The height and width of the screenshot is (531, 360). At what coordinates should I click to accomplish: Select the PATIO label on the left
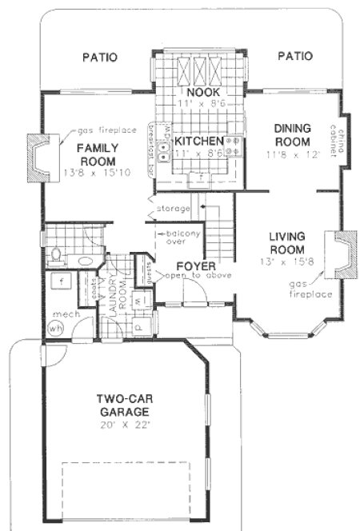point(99,57)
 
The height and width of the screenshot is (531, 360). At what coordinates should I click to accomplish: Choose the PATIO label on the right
point(294,56)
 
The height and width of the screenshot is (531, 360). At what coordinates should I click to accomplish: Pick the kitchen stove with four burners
point(233,146)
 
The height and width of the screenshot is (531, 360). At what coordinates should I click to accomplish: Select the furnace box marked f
point(61,282)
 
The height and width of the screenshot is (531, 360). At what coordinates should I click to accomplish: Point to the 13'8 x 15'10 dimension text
point(98,171)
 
